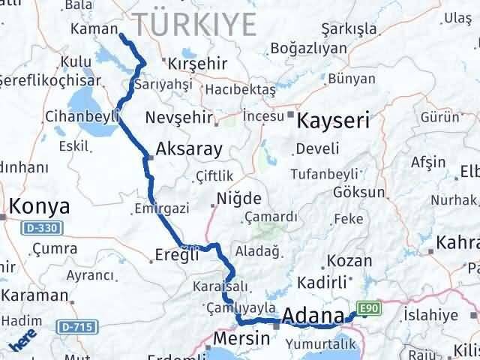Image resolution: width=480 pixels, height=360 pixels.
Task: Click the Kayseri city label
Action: click(x=334, y=120)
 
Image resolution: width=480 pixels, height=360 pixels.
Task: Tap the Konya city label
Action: click(x=39, y=206)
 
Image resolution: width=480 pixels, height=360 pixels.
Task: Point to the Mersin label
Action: click(x=241, y=338)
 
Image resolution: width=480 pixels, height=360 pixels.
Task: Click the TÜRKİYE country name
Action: click(x=193, y=24)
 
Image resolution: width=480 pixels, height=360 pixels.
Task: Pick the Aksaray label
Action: click(x=190, y=148)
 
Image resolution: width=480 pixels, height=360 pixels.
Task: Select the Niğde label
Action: click(x=238, y=199)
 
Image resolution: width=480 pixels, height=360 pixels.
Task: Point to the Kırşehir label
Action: click(x=196, y=64)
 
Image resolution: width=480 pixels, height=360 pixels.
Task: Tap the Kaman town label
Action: click(x=90, y=28)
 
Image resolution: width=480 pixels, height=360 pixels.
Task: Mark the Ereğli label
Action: click(x=178, y=253)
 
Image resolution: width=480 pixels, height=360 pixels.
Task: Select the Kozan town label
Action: click(x=349, y=261)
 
